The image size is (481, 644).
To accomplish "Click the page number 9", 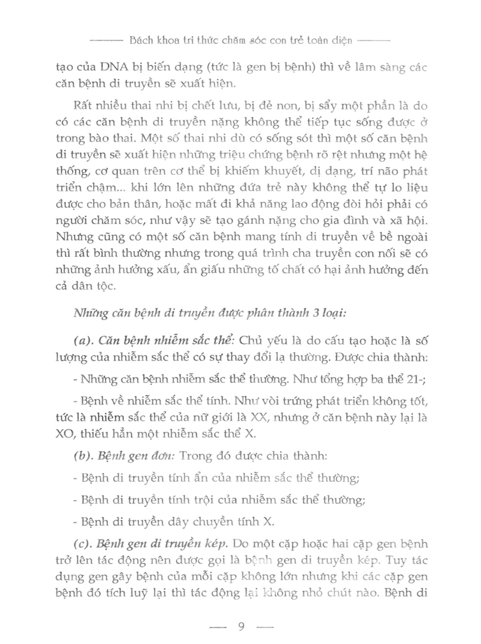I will point(240,626).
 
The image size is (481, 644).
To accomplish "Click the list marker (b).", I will point(82,456).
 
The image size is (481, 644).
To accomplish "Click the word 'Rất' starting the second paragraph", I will point(84,106).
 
